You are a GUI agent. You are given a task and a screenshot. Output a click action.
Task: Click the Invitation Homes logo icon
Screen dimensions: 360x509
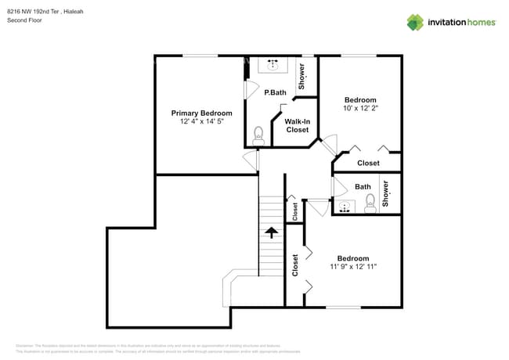point(415,22)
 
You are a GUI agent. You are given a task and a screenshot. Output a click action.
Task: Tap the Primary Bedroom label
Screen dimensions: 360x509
point(201,113)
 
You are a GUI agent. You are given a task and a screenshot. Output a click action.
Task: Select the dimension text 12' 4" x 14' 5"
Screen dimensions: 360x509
point(201,122)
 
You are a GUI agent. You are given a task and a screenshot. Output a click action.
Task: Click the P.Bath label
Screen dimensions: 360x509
point(274,92)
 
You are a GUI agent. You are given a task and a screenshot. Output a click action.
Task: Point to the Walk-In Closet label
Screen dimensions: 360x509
point(297,125)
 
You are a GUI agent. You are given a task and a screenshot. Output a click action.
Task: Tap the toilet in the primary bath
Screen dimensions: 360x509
point(259,135)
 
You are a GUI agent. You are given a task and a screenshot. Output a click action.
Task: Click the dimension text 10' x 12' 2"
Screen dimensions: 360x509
point(360,109)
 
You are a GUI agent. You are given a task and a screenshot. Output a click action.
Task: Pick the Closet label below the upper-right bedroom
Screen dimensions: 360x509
point(368,163)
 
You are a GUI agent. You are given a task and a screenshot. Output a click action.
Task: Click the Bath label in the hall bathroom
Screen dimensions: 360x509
point(363,186)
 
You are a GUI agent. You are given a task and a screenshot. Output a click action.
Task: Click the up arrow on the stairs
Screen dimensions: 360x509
point(271,232)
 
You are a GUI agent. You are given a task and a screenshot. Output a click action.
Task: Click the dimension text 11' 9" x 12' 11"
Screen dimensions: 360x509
point(353,267)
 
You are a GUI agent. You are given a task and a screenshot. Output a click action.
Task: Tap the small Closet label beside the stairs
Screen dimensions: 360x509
point(295,210)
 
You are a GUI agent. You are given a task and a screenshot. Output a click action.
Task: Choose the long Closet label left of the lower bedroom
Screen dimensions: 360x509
point(295,266)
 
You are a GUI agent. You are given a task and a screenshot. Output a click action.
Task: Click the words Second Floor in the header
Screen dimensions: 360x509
point(24,20)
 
